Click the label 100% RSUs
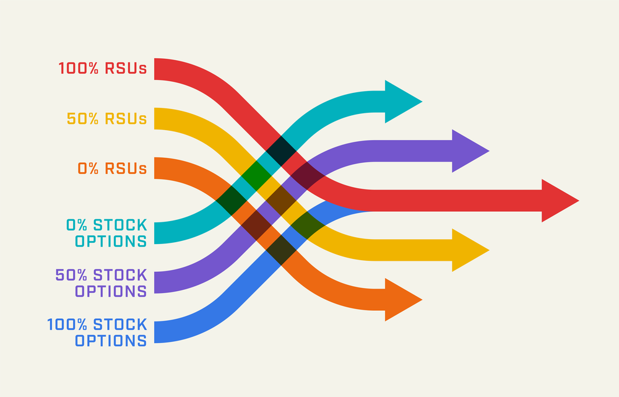103,68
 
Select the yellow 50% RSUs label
107,118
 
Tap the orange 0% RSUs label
112,168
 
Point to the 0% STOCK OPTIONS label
107,233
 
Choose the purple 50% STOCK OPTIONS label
102,282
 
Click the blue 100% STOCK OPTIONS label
97,332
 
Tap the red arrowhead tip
576,200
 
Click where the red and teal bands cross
281,151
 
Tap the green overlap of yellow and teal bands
256,176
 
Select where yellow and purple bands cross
282,201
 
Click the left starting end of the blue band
158,333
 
